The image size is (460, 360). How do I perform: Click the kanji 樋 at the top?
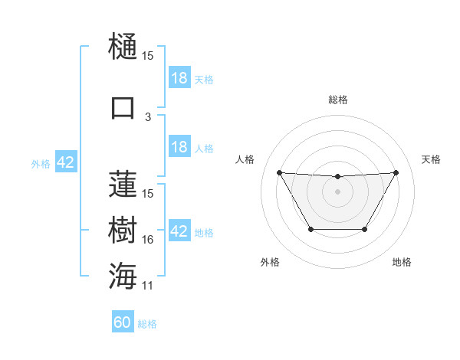click(x=123, y=47)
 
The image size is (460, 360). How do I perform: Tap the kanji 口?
click(x=123, y=107)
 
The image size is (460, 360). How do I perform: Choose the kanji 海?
click(x=123, y=276)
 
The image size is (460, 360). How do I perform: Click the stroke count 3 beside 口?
click(x=148, y=117)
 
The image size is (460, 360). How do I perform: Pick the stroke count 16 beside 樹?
click(x=148, y=240)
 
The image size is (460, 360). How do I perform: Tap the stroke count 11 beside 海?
click(x=148, y=286)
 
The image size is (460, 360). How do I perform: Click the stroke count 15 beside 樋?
click(x=148, y=57)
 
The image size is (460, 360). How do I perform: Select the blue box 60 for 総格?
click(x=123, y=322)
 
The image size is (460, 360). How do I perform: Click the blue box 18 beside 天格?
click(x=179, y=77)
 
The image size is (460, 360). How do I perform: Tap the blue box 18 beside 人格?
click(x=179, y=147)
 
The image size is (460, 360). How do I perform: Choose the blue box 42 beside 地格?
click(x=179, y=231)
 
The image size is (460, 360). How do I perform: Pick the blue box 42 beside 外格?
click(x=65, y=162)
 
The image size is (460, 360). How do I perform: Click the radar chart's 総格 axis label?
click(x=337, y=100)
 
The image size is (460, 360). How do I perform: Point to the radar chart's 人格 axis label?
click(x=245, y=159)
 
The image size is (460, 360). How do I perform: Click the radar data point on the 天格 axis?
click(x=396, y=172)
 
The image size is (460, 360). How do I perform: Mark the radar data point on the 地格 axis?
click(x=365, y=230)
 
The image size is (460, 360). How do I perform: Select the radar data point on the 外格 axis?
click(x=310, y=230)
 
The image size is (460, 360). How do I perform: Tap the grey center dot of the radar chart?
click(x=337, y=191)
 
